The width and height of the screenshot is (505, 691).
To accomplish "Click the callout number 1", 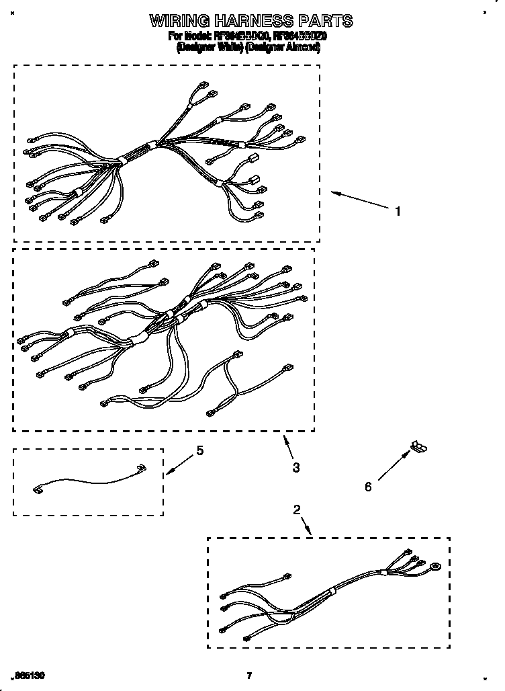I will pos(398,211).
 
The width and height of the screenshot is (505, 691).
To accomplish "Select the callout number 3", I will pos(296,467).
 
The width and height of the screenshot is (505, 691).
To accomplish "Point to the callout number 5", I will pos(199,451).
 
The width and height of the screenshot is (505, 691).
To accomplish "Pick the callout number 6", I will pos(368,487).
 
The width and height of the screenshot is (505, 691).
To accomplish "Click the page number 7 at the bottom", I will pos(249,676).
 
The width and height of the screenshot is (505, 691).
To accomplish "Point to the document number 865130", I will pos(30,675).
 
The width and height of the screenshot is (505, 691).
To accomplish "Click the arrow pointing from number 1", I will pos(356,200).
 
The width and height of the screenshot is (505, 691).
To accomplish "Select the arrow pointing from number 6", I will pos(393,466).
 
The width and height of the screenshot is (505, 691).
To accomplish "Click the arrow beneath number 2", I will pos(306,526).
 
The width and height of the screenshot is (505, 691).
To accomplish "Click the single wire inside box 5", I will pos(87,480).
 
